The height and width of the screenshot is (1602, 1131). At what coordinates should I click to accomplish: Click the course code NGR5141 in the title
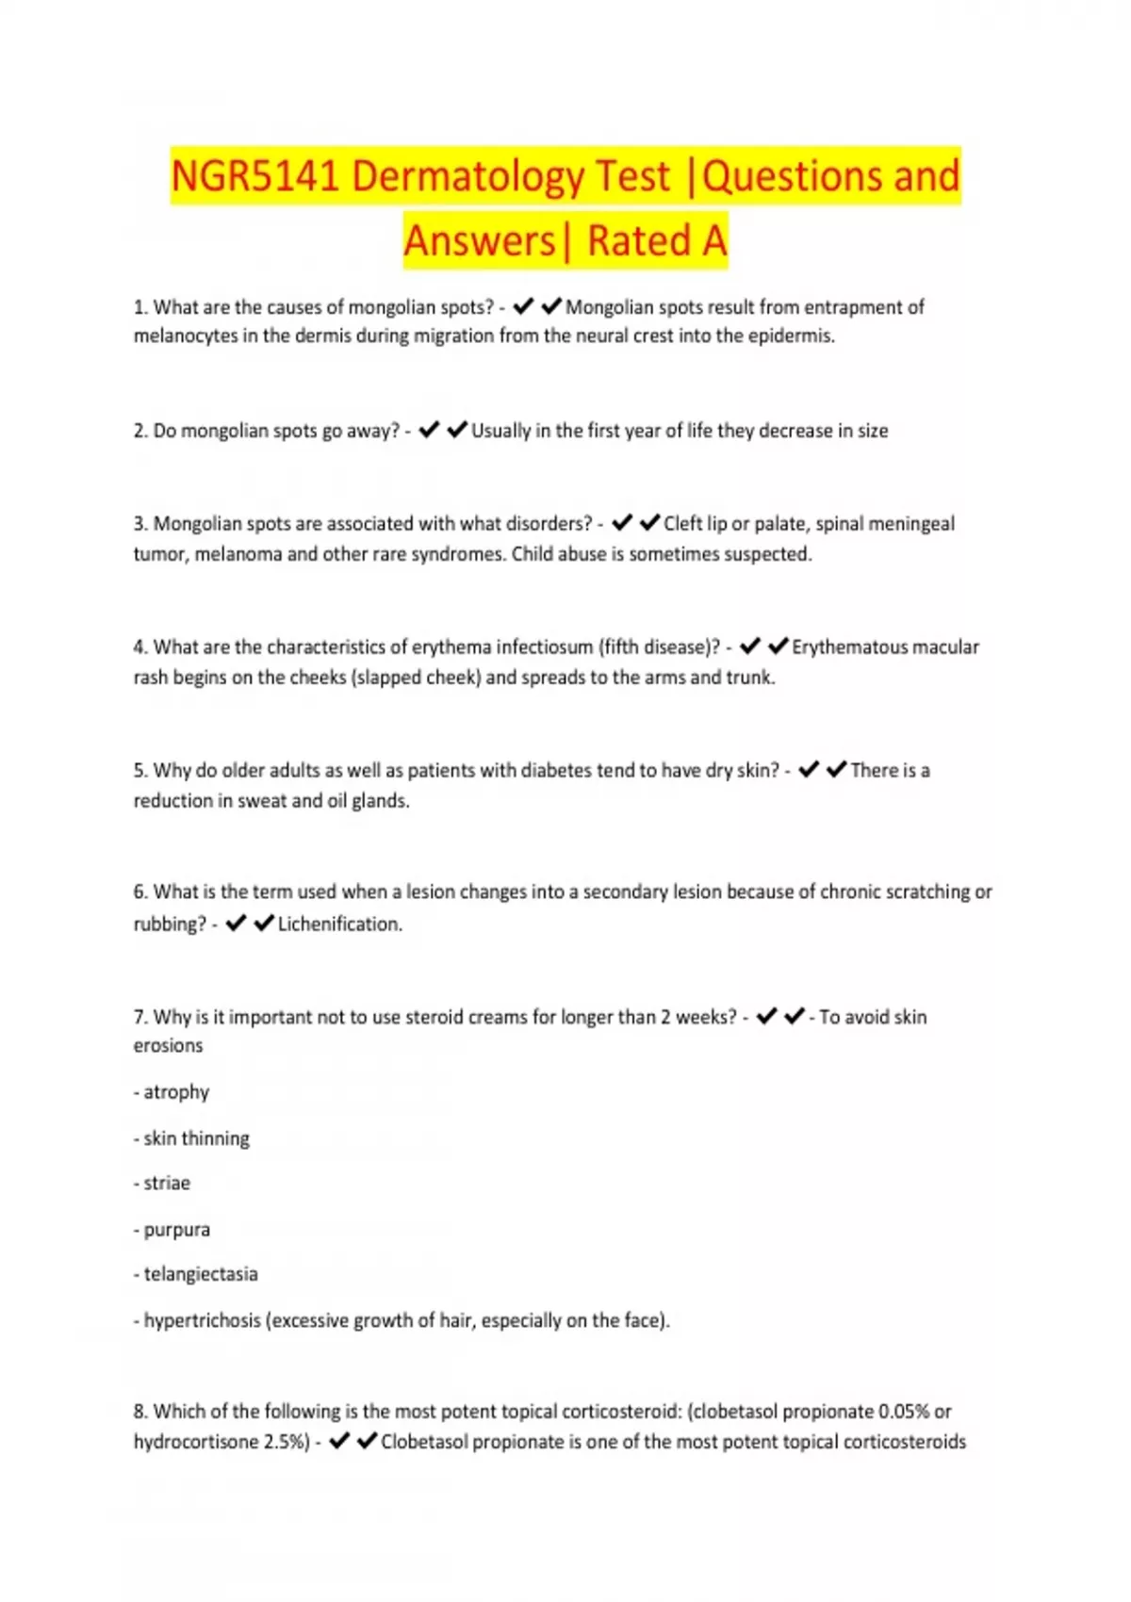(254, 176)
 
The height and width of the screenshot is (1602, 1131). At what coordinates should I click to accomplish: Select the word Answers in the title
(480, 241)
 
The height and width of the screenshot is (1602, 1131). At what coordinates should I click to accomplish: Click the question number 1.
(139, 307)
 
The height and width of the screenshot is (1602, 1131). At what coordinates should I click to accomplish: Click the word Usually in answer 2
(501, 431)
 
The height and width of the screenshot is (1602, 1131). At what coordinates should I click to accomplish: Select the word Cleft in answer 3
(681, 524)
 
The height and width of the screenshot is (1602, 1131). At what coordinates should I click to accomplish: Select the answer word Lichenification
(339, 924)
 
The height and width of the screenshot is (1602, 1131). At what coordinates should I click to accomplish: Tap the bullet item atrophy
(176, 1092)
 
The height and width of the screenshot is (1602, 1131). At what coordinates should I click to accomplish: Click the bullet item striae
(167, 1184)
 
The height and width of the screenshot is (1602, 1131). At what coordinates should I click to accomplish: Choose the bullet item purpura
(176, 1230)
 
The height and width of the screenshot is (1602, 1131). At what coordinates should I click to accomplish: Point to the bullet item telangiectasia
(201, 1274)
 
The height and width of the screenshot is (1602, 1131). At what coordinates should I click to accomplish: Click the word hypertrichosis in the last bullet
(202, 1320)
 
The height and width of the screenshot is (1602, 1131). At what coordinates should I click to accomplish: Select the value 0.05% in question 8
(903, 1412)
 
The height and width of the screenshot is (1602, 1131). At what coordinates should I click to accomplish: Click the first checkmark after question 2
(429, 430)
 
